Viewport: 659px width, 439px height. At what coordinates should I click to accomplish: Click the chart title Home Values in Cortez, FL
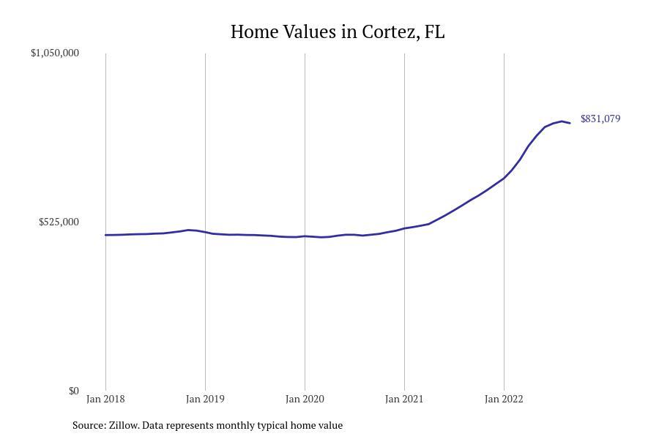[x=338, y=32]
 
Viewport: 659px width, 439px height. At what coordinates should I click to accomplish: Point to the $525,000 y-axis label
[x=59, y=222]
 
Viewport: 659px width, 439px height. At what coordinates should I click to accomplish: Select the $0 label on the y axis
[x=73, y=391]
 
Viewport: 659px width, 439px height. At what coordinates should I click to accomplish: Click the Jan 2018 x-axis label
[x=105, y=399]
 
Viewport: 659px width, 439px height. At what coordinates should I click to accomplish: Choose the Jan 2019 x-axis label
[x=205, y=399]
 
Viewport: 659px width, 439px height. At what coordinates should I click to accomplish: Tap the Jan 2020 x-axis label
[x=305, y=399]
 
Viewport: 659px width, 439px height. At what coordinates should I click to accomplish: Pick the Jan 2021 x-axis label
[x=404, y=399]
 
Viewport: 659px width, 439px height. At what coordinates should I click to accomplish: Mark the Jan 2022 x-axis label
[x=504, y=399]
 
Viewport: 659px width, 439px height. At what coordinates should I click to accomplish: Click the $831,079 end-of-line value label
[x=600, y=119]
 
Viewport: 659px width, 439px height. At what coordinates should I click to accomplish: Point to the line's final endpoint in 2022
[x=570, y=123]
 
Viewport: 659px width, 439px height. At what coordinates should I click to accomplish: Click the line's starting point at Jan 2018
[x=105, y=235]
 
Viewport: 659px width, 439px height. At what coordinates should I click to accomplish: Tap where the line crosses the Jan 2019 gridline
[x=205, y=232]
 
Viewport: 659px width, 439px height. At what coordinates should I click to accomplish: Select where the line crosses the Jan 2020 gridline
[x=305, y=236]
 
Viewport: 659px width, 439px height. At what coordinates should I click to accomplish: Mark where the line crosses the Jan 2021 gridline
[x=404, y=228]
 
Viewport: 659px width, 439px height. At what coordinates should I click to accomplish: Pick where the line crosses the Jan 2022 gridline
[x=504, y=178]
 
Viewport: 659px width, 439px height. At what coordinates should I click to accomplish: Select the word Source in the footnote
[x=88, y=425]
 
